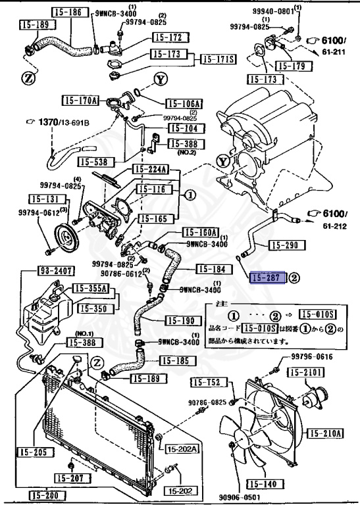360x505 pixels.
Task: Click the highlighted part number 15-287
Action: (267, 278)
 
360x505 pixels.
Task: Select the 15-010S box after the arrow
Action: (317, 314)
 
